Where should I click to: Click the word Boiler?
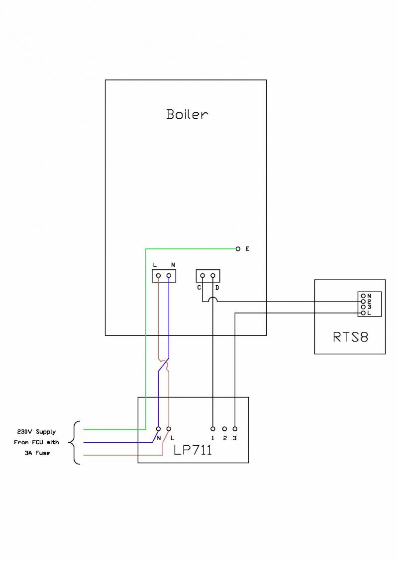pos(187,114)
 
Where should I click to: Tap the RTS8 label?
pos(350,337)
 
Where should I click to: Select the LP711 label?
pos(193,450)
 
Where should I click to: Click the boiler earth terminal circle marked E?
pos(238,248)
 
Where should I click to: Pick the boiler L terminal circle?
pos(158,275)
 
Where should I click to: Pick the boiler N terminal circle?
pos(169,275)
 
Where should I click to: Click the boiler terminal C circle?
pos(202,275)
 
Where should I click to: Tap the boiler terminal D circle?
pos(213,275)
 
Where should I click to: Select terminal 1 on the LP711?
pos(213,428)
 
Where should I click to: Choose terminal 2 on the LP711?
pos(224,428)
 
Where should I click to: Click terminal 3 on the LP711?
pos(235,428)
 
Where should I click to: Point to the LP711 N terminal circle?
pos(158,428)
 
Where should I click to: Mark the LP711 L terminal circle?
pos(169,428)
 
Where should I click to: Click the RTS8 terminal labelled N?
pos(363,296)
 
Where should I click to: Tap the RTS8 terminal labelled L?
pos(363,313)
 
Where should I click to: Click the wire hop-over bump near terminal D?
pos(213,299)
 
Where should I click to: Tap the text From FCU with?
pos(36,442)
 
